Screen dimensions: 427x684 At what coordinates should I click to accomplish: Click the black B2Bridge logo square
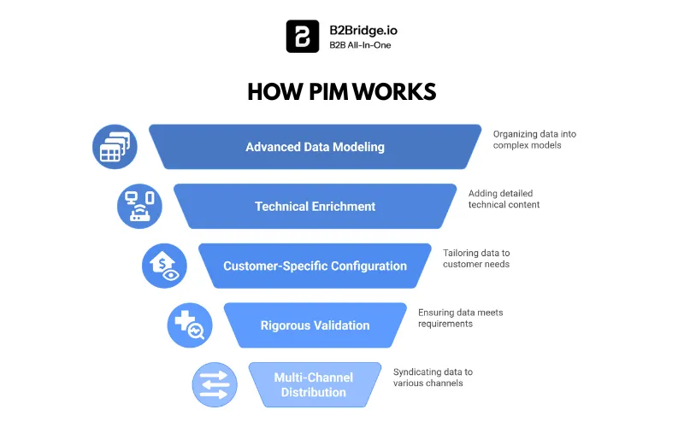pyautogui.click(x=302, y=37)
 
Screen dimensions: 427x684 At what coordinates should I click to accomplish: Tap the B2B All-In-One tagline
pyautogui.click(x=360, y=45)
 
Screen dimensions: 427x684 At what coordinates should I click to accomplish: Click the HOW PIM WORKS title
pyautogui.click(x=341, y=92)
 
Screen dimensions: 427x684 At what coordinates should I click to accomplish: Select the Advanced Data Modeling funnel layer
pyautogui.click(x=315, y=147)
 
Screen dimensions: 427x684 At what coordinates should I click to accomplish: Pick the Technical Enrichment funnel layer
pyautogui.click(x=315, y=207)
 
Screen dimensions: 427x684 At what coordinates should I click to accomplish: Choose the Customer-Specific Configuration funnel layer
pyautogui.click(x=315, y=266)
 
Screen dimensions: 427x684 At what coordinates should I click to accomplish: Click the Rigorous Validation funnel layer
pyautogui.click(x=315, y=325)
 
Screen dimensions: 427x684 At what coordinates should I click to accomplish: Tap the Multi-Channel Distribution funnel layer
pyautogui.click(x=315, y=384)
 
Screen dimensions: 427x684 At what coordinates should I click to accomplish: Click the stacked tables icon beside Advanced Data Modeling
pyautogui.click(x=115, y=147)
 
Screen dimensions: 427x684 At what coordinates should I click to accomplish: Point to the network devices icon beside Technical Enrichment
pyautogui.click(x=139, y=207)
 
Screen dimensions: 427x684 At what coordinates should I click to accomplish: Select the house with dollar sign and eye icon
pyautogui.click(x=164, y=266)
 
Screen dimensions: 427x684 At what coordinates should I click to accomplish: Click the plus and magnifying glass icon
pyautogui.click(x=189, y=325)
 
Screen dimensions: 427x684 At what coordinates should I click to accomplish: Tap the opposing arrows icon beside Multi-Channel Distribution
pyautogui.click(x=214, y=384)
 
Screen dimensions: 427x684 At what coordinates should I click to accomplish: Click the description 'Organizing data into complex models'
pyautogui.click(x=528, y=139)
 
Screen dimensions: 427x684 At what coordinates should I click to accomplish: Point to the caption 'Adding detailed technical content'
pyautogui.click(x=504, y=199)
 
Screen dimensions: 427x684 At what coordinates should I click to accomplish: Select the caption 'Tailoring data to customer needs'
pyautogui.click(x=478, y=259)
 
